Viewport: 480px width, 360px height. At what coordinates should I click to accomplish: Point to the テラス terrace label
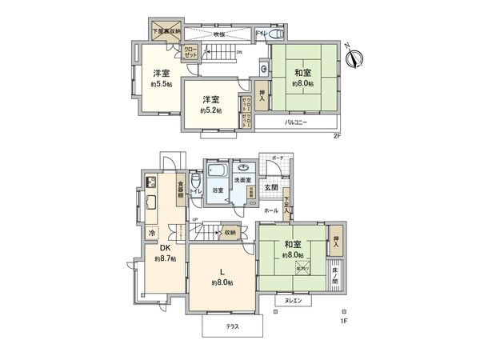tap(232, 326)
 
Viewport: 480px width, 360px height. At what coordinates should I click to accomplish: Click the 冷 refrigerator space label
tap(151, 233)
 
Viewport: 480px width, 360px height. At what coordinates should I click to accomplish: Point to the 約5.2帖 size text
tap(210, 110)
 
